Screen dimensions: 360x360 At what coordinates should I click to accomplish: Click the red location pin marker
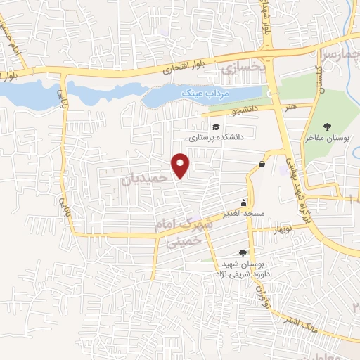pos(181,165)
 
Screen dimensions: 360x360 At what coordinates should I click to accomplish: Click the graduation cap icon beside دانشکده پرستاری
pos(215,127)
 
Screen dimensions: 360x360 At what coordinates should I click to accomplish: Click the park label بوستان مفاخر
pos(332,138)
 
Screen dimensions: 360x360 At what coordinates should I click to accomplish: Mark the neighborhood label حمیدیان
pos(146,179)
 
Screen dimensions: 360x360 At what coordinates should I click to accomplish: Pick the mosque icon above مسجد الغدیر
pos(246,202)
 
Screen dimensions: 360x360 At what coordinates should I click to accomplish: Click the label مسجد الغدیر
pos(245,212)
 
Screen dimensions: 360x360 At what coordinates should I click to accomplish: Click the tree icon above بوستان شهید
pos(243,252)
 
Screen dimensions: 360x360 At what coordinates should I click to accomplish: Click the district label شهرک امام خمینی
pos(180,233)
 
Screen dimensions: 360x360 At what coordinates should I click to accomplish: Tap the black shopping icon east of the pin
pos(262,164)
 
